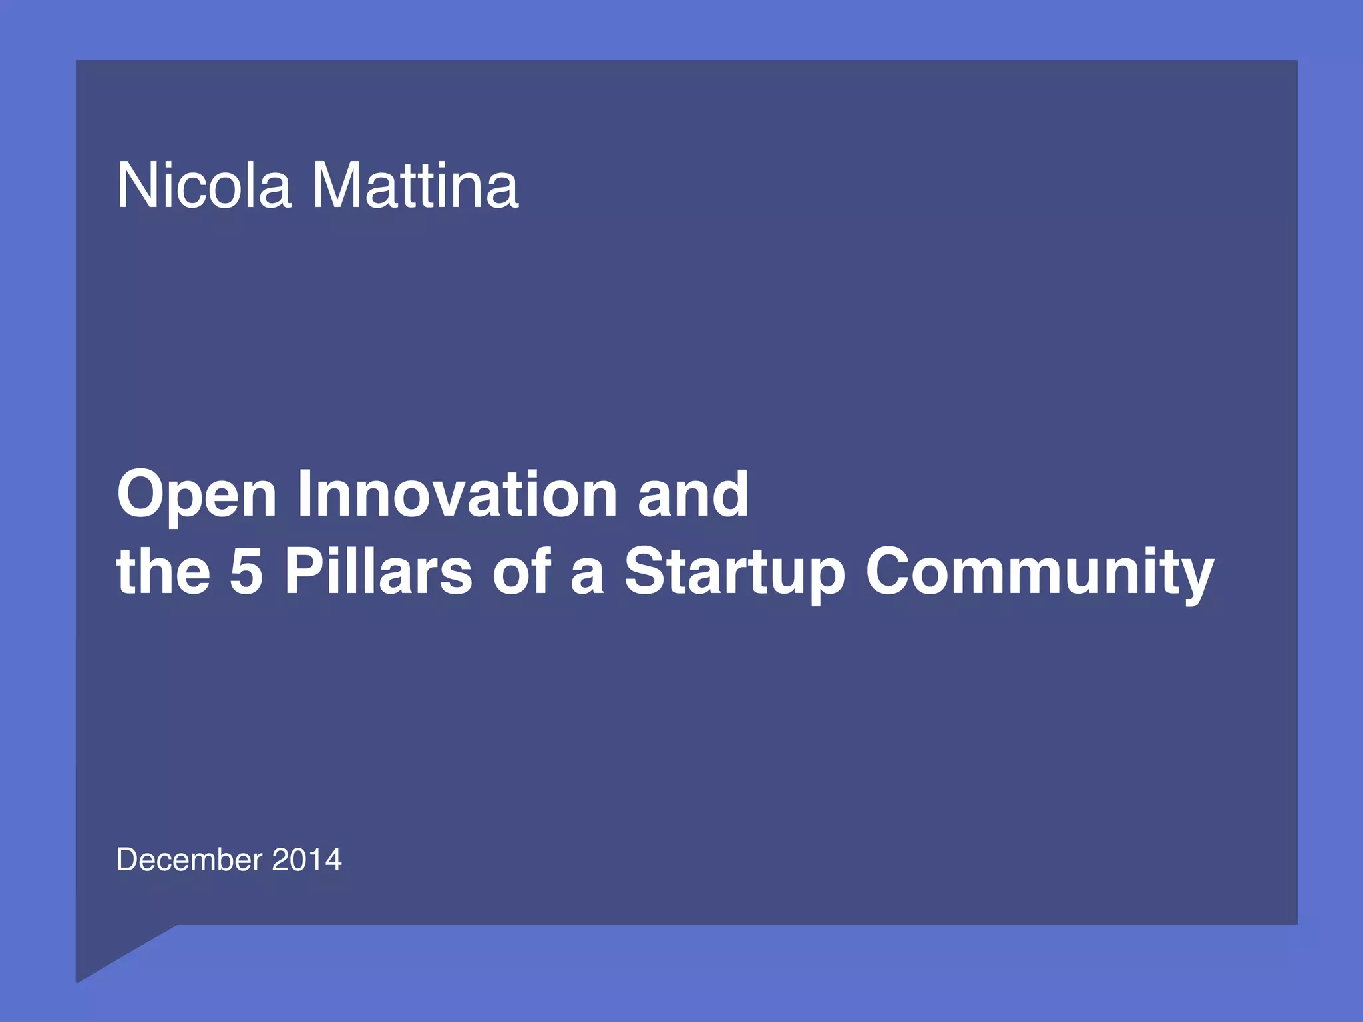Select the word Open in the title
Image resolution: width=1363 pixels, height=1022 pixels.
196,495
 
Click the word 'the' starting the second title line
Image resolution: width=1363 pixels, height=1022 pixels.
163,571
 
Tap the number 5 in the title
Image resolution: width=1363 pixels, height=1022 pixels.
246,571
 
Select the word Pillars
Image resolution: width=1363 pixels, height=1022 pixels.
378,571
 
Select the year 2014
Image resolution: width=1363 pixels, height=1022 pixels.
307,860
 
